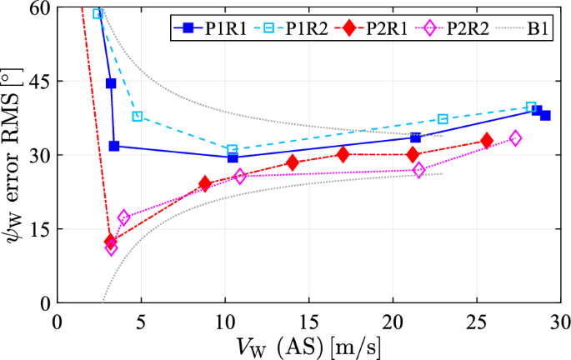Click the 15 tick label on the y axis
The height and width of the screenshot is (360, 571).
[x=38, y=229]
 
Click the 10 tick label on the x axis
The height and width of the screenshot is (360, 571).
[x=225, y=321]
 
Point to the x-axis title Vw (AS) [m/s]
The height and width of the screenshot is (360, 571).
[x=308, y=345]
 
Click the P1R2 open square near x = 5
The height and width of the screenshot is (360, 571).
[x=138, y=116]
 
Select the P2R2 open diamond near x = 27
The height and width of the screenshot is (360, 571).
[x=515, y=138]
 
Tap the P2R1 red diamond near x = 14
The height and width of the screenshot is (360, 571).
[x=293, y=162]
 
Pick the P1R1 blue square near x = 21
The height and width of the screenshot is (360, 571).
[x=415, y=137]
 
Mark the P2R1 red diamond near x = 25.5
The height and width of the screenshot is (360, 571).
[x=487, y=141]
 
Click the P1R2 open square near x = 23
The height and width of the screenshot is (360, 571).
[x=443, y=119]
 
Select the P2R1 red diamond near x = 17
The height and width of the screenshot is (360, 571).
[x=343, y=154]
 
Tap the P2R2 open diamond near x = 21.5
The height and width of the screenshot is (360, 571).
[x=419, y=170]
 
